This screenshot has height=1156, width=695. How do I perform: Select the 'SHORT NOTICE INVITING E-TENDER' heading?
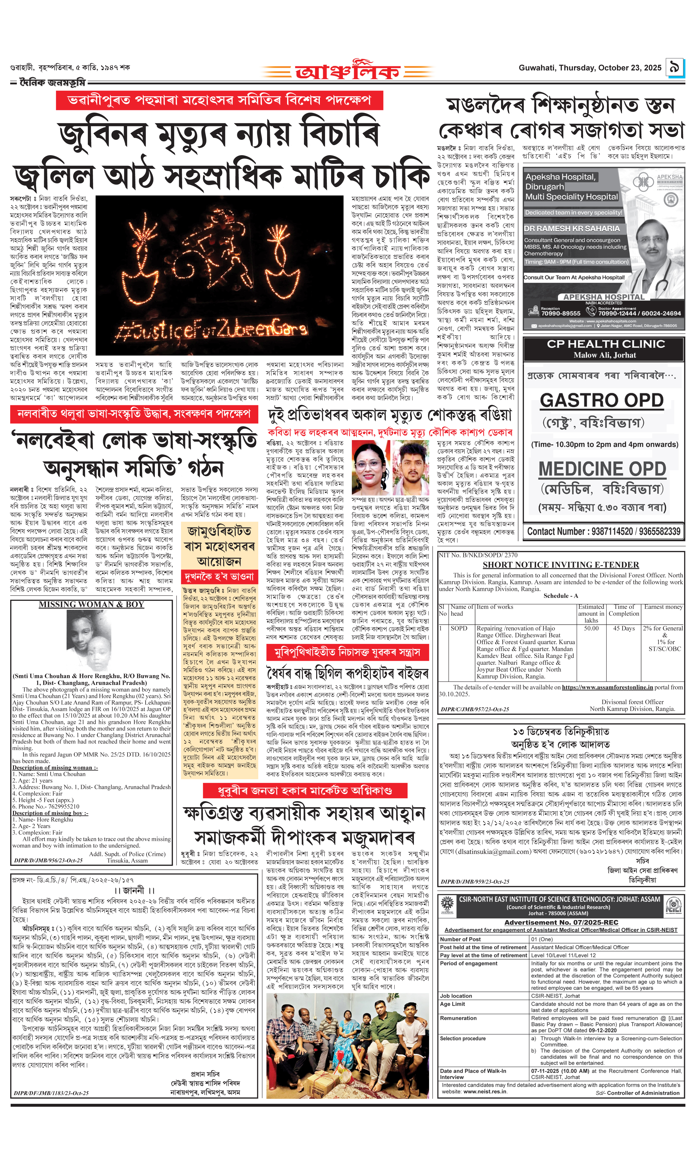click(561, 565)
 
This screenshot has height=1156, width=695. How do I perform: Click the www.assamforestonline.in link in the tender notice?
click(607, 687)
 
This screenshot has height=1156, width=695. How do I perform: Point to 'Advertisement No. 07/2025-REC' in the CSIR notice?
click(561, 922)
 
